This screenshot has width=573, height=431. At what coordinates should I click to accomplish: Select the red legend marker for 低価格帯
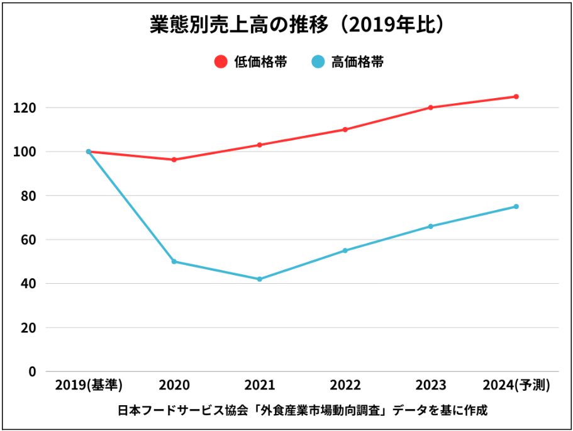220,62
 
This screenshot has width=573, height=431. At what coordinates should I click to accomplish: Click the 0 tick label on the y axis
32,371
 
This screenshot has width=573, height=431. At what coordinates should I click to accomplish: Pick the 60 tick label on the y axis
28,240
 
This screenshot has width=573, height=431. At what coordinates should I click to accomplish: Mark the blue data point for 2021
260,279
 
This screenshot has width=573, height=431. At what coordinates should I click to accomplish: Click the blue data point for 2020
174,262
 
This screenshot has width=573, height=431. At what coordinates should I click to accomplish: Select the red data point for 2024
516,97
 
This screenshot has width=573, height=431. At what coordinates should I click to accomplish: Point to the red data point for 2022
345,130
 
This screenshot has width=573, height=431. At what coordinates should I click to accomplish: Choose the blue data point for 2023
431,227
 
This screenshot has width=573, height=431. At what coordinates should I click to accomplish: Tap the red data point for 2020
174,160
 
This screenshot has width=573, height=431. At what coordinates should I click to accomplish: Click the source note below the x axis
303,411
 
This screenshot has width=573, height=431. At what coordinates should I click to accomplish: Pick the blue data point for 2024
516,206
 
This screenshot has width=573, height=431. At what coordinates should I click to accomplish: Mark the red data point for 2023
431,108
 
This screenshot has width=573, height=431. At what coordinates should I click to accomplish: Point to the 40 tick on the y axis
28,284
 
